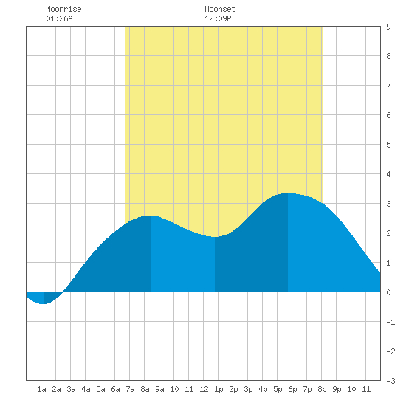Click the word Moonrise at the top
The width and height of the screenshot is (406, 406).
coord(63,9)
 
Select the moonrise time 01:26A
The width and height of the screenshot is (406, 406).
coord(59,18)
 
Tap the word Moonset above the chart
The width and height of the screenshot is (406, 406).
coord(220,9)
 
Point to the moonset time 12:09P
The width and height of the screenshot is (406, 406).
coord(218,18)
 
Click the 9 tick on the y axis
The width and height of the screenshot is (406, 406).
coord(388,27)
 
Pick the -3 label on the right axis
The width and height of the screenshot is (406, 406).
coord(390,381)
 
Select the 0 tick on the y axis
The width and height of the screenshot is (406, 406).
coord(388,292)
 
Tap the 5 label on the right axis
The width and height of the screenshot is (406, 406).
coord(388,145)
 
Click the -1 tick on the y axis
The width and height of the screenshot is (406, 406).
coord(390,322)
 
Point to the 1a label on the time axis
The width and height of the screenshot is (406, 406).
coord(41,389)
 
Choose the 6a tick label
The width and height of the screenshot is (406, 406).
coord(115,389)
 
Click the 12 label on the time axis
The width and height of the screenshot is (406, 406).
coord(204,389)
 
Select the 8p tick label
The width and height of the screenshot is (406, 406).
coord(322,389)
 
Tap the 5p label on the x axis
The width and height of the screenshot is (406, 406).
coord(278,389)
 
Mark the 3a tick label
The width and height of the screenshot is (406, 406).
coord(71,389)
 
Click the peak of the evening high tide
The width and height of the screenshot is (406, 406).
coord(288,193)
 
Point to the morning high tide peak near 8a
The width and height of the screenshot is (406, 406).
coord(151,216)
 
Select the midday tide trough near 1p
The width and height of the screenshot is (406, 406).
coord(215,237)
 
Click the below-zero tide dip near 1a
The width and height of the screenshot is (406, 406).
coord(44,303)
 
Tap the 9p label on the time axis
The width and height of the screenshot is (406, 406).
coord(337,389)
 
